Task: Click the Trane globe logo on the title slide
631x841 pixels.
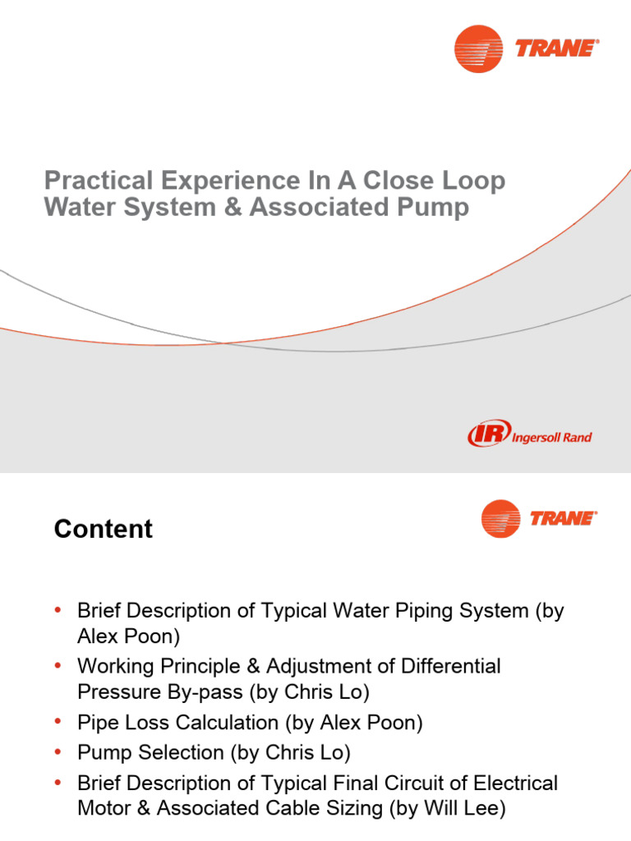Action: [x=478, y=48]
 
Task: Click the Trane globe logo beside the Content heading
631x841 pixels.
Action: [x=500, y=519]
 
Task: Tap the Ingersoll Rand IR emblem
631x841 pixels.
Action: [x=488, y=434]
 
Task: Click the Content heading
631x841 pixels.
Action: [x=104, y=530]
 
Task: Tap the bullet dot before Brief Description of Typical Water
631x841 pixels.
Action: [x=58, y=610]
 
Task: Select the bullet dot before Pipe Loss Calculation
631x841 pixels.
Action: [x=58, y=723]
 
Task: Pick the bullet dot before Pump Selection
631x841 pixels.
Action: [x=58, y=752]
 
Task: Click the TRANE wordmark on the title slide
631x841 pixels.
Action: [x=555, y=48]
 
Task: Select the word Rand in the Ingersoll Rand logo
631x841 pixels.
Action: [x=575, y=438]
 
